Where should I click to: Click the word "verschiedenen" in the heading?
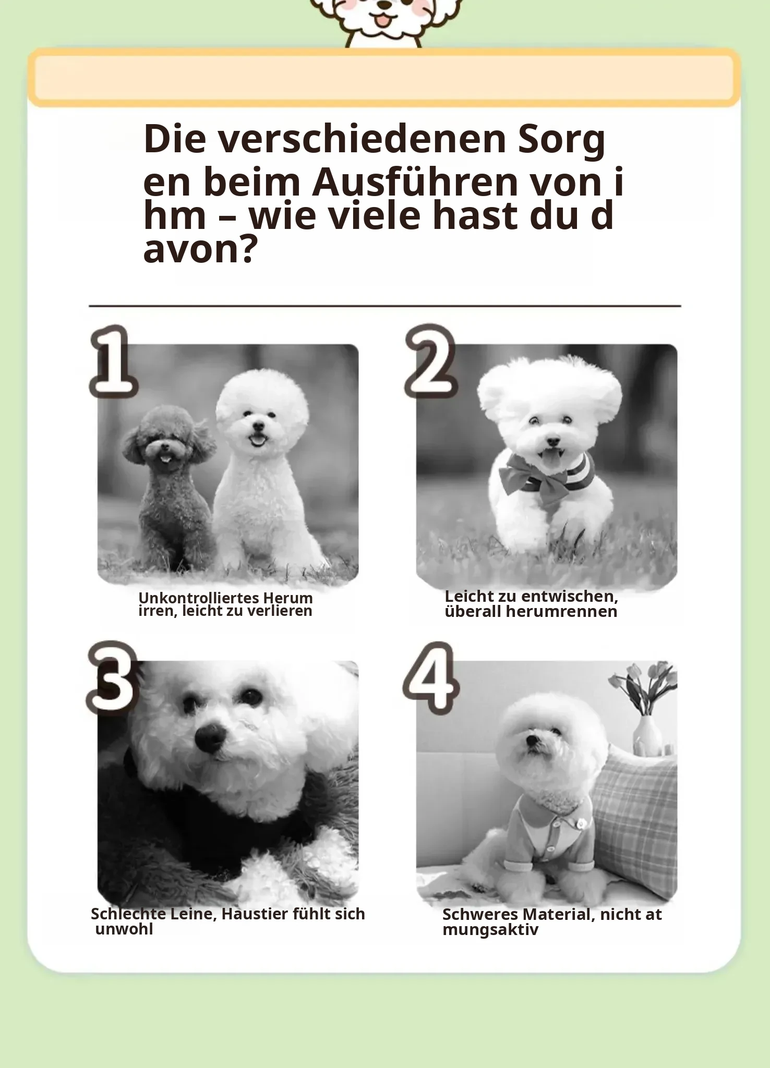click(x=362, y=139)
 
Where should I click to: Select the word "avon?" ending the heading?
click(x=200, y=250)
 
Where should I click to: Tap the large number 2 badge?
click(x=431, y=361)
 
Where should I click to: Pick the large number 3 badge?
click(x=113, y=678)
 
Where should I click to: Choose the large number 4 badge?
click(x=431, y=678)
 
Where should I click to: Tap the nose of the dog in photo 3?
click(x=210, y=737)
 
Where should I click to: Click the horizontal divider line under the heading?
click(x=385, y=306)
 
